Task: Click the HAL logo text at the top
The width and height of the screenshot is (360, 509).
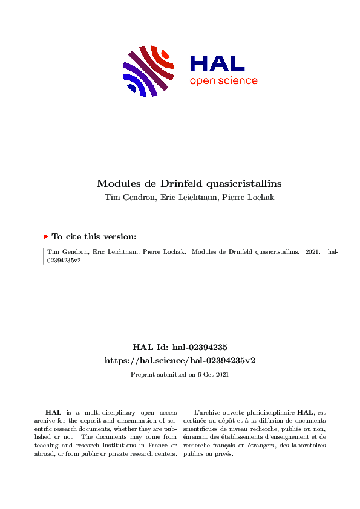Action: (x=217, y=63)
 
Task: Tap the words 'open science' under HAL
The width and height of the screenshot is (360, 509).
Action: (x=223, y=81)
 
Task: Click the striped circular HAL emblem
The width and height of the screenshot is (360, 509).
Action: (x=148, y=70)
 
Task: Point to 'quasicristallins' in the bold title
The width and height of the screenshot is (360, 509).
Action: (x=241, y=183)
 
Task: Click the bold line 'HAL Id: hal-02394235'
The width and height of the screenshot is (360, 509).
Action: (x=180, y=348)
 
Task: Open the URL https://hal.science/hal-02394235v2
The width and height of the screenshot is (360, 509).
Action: (x=180, y=360)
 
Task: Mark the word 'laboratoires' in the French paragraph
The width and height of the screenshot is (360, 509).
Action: (x=309, y=446)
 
